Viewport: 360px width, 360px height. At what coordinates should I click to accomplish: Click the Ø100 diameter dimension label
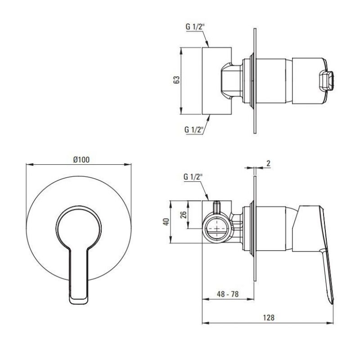pyautogui.click(x=81, y=160)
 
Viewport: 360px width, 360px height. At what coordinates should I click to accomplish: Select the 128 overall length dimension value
pyautogui.click(x=268, y=318)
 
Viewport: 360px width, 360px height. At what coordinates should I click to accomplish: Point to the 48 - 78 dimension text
pyautogui.click(x=228, y=294)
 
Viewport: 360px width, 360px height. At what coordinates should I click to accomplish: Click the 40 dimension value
pyautogui.click(x=166, y=221)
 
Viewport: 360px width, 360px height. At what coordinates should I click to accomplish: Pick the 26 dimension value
pyautogui.click(x=184, y=215)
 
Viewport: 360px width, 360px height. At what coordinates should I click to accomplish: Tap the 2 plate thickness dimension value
pyautogui.click(x=268, y=163)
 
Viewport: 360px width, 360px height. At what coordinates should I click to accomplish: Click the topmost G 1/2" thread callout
pyautogui.click(x=195, y=27)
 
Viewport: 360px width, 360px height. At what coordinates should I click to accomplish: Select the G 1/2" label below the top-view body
pyautogui.click(x=194, y=130)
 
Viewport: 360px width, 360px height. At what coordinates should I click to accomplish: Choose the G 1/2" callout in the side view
pyautogui.click(x=193, y=177)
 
